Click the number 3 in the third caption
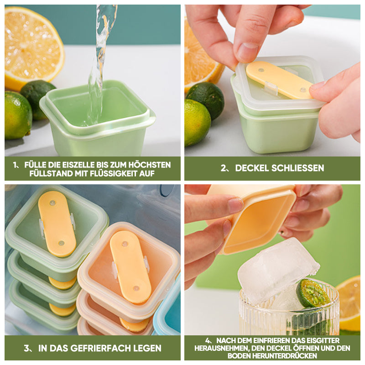point(26,348)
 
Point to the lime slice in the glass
point(312,293)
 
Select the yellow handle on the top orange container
point(130,267)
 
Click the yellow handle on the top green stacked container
point(57,224)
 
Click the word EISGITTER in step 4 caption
point(323,340)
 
